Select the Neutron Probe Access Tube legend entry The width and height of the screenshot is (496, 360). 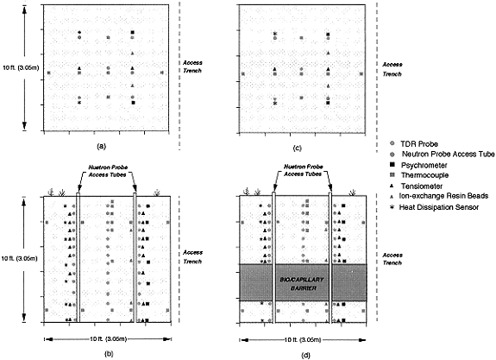443,155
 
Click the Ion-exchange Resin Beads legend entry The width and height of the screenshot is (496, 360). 439,196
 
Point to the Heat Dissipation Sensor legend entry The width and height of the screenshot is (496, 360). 434,207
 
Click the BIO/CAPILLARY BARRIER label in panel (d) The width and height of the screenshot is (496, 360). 302,284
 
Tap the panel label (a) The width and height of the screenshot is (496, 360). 101,146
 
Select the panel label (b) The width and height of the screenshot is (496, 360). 109,354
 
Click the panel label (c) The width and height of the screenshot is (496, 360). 298,148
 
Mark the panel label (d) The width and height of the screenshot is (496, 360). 305,355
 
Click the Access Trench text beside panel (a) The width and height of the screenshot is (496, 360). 192,66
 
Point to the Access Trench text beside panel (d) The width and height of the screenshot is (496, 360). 392,259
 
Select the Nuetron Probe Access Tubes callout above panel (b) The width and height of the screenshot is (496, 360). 108,171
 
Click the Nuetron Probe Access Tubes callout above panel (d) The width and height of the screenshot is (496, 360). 304,170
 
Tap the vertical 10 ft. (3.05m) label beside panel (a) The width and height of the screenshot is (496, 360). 21,67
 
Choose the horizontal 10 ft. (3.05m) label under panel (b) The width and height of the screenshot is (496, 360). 108,339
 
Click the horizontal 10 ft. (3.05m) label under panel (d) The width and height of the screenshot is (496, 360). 303,340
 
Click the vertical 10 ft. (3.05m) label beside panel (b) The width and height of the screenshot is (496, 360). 20,258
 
